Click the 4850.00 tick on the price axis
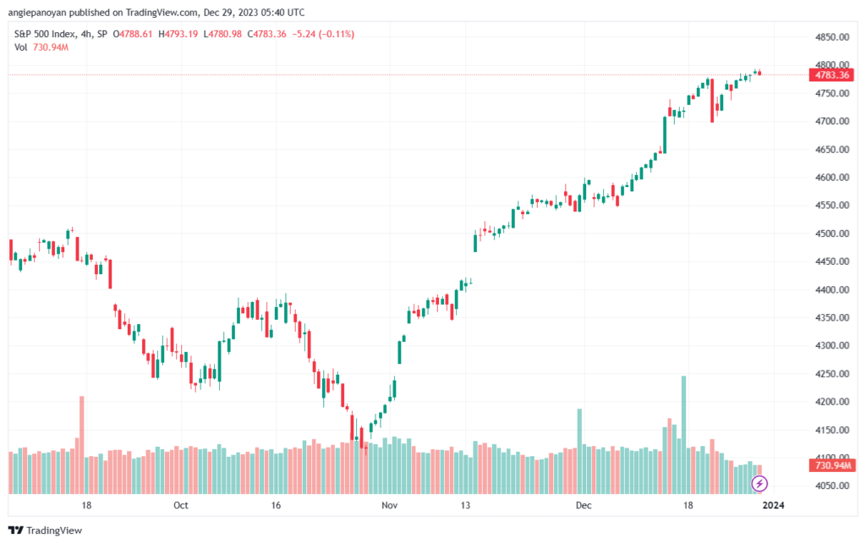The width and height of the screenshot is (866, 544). pos(830,37)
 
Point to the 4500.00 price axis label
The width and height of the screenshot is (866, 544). pos(830,234)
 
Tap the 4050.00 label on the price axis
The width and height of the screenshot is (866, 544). pos(830,486)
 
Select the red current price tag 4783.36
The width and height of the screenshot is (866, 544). pos(830,74)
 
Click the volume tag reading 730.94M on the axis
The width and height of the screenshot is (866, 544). pos(832,466)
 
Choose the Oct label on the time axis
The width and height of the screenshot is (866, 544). pos(180,505)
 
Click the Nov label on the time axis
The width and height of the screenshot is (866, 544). pos(389,505)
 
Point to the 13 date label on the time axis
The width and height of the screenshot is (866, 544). pos(465,505)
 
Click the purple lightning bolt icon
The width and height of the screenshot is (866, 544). pos(759,484)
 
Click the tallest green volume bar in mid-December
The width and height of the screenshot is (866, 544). pos(683,434)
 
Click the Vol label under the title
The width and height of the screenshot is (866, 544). pos(20,47)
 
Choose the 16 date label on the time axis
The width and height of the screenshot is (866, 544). pos(275,505)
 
